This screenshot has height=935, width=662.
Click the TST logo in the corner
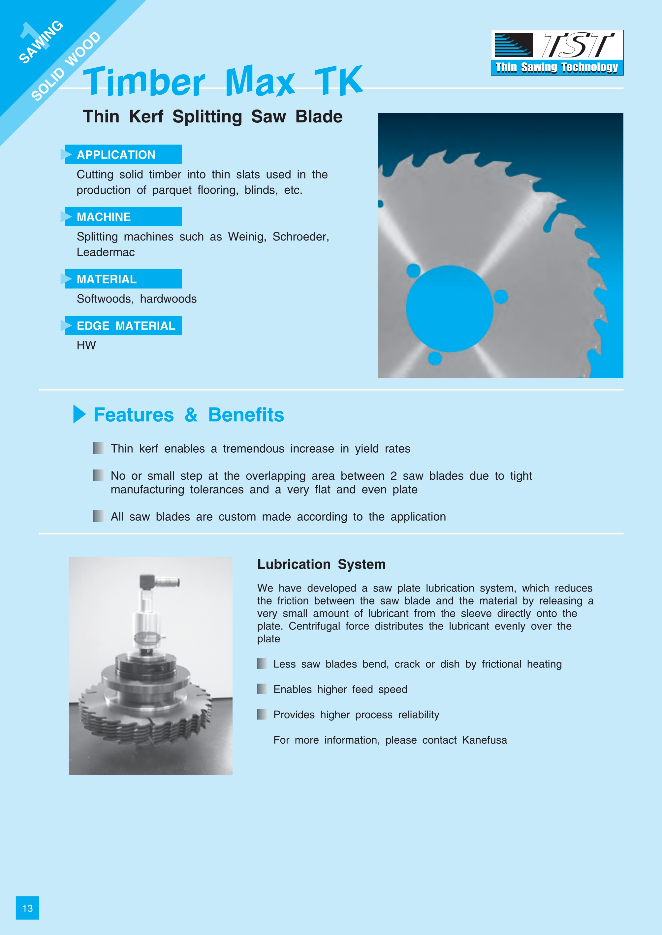tap(557, 52)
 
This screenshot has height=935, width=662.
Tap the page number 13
tap(27, 908)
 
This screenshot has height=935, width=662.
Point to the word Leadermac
tap(106, 252)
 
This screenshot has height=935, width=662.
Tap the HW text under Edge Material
tap(86, 345)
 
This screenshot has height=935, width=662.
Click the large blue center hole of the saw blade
tap(450, 309)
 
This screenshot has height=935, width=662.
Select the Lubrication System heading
tap(321, 564)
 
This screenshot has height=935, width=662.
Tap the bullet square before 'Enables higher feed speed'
tap(262, 689)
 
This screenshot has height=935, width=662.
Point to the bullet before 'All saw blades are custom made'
tap(98, 516)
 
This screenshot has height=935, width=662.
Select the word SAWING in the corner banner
tap(41, 42)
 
